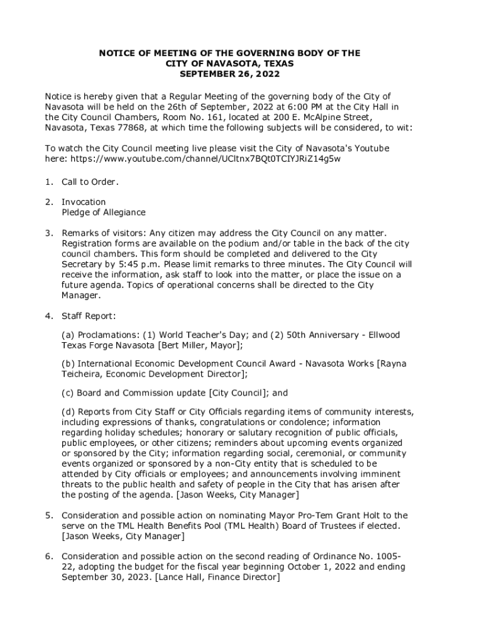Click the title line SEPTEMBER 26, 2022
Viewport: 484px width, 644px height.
coord(229,74)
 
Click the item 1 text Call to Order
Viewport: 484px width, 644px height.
coord(90,182)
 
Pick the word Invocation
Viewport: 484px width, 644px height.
coord(84,202)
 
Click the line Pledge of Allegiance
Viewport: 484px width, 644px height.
coord(103,213)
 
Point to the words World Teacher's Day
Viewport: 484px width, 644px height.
coord(198,335)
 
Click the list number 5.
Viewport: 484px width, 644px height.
coord(48,515)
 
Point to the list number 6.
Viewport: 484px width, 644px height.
coord(48,557)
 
